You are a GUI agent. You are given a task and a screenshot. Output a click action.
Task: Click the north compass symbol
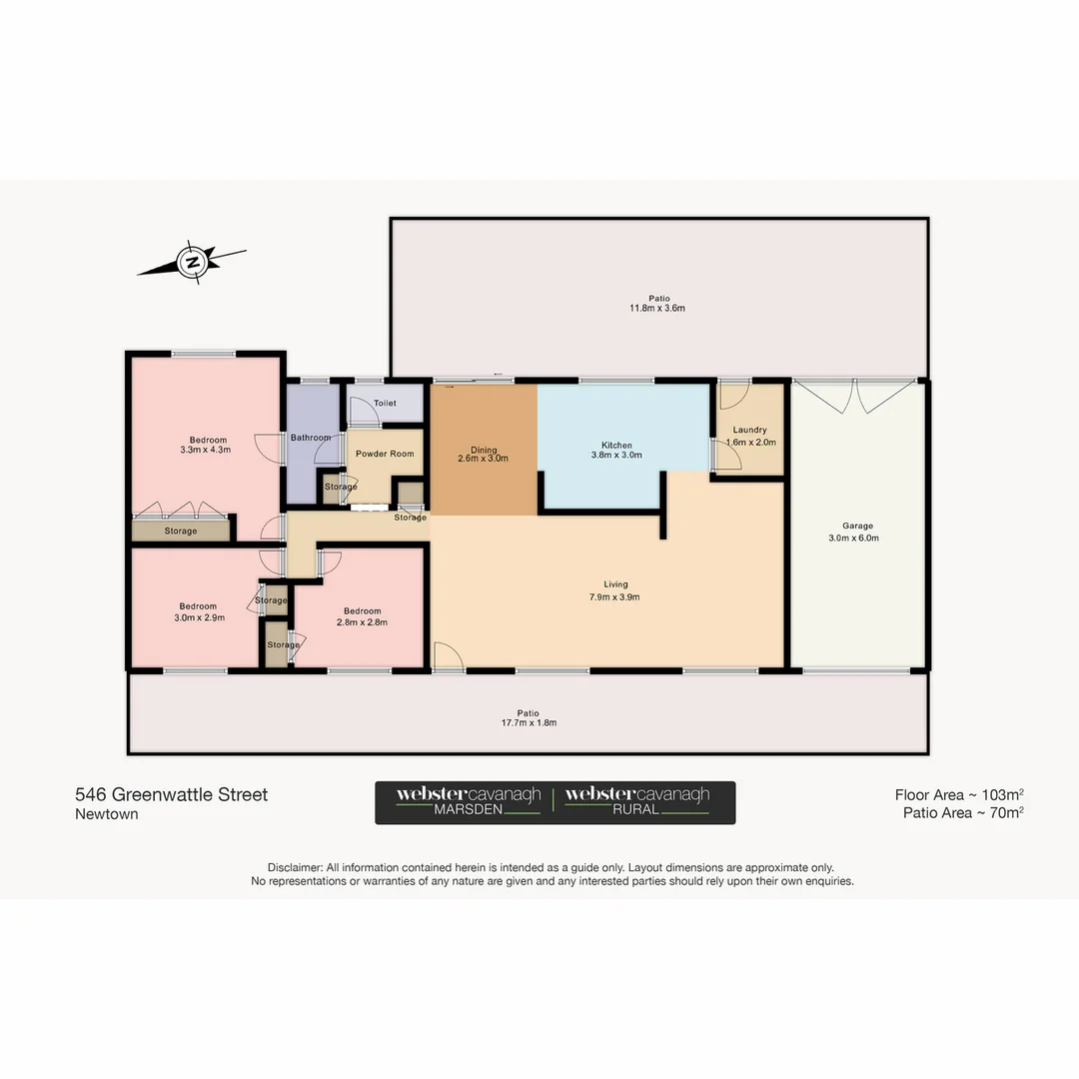(x=191, y=262)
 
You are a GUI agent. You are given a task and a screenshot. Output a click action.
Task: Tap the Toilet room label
(x=385, y=404)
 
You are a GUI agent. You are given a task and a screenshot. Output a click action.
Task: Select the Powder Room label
(x=385, y=454)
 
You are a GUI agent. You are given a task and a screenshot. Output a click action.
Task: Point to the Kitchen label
(x=616, y=446)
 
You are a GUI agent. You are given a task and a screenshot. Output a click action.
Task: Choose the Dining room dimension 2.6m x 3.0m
(x=484, y=459)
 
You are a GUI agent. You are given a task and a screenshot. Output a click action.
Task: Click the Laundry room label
(x=748, y=430)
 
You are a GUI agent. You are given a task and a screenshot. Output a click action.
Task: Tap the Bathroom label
(x=311, y=438)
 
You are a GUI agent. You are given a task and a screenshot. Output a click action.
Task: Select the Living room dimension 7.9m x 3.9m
(x=615, y=597)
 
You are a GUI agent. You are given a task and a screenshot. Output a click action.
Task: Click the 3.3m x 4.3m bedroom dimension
(x=209, y=450)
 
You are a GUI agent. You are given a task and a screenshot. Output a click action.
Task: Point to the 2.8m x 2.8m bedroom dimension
(x=362, y=621)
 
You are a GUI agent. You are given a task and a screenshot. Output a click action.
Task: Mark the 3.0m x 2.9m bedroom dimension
(x=198, y=617)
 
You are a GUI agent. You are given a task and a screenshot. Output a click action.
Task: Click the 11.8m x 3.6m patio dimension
(x=658, y=309)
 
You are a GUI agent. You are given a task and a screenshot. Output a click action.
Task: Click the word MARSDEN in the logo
(x=468, y=810)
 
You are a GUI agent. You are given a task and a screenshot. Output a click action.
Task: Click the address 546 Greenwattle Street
(x=172, y=795)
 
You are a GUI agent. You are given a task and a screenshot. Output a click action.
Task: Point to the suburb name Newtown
(x=107, y=814)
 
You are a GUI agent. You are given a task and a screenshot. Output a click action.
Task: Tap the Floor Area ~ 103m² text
(x=958, y=795)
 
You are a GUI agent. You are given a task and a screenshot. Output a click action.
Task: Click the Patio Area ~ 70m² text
(x=962, y=813)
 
